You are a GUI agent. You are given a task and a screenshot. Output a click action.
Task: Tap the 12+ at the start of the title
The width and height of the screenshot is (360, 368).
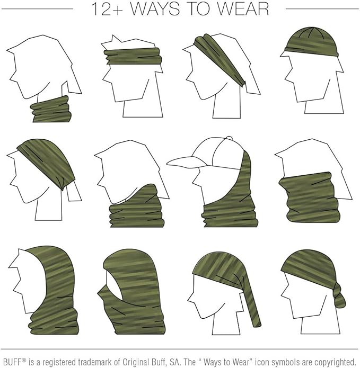click(x=104, y=9)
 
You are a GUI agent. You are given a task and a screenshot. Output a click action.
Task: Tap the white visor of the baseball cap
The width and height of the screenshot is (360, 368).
click(x=182, y=160)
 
